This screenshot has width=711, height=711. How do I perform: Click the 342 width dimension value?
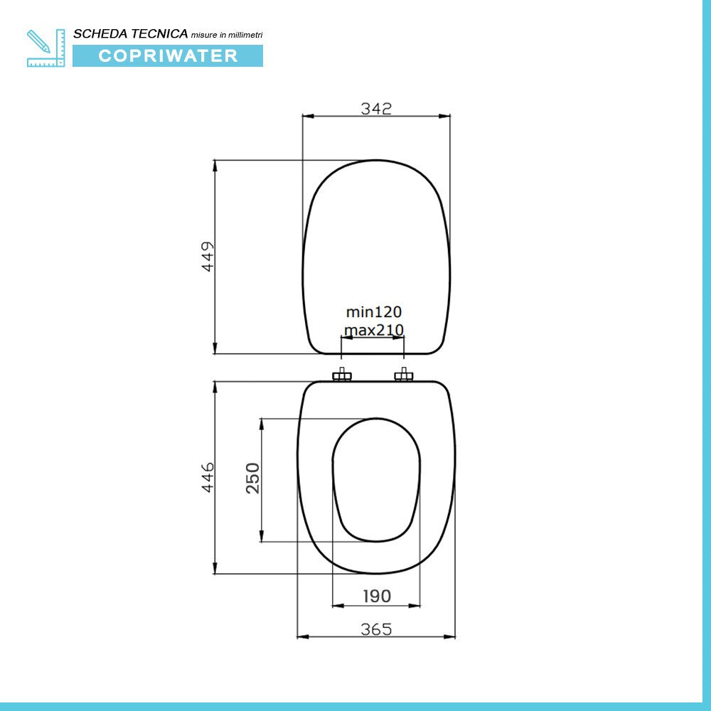tap(376, 108)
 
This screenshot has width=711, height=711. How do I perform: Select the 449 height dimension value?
tap(208, 256)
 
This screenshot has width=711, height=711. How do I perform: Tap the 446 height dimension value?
tap(207, 477)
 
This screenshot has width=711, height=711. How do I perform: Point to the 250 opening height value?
tap(253, 479)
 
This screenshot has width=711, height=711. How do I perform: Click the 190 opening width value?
tap(376, 596)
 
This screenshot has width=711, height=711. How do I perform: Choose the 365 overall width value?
tap(376, 629)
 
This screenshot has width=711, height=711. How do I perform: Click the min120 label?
tap(374, 311)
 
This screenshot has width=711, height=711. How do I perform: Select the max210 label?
tap(374, 330)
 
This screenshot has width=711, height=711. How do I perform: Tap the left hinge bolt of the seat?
tap(342, 375)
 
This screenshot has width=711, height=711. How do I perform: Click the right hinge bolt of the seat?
tap(404, 375)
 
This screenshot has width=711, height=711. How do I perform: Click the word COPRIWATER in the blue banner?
tap(168, 56)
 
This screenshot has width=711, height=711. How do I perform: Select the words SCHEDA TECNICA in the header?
tap(130, 33)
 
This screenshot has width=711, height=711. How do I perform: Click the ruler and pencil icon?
tap(46, 48)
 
